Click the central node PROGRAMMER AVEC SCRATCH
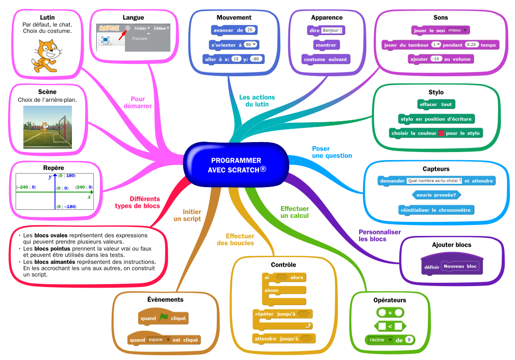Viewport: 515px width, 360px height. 236,165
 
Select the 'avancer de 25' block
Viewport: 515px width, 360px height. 234,30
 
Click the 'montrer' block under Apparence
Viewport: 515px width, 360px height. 326,45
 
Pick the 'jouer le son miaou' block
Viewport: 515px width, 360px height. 440,30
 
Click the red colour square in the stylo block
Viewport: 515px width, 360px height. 441,134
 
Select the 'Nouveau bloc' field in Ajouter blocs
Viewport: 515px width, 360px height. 460,267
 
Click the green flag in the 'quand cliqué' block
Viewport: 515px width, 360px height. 163,318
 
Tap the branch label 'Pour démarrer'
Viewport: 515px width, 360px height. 138,103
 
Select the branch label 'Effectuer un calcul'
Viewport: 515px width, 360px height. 294,212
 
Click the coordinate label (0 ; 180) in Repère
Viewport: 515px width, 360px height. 67,176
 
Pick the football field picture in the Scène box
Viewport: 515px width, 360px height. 48,127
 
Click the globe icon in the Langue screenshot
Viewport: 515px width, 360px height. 128,28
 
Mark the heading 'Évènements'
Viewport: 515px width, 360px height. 165,299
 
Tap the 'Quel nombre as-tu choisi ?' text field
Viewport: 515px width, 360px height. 435,181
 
